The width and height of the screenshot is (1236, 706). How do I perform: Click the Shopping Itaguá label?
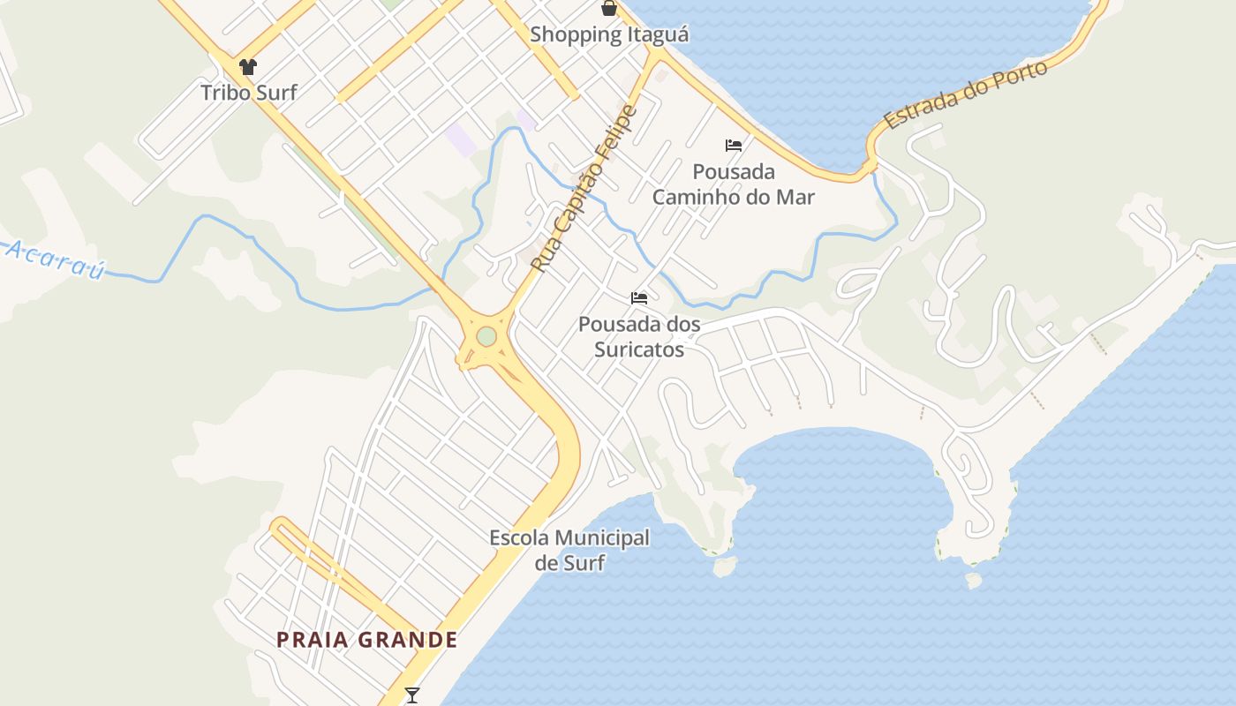(x=609, y=35)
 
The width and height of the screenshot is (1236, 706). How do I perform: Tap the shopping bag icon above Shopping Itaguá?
(x=609, y=9)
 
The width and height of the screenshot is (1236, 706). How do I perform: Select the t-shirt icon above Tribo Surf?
(x=248, y=66)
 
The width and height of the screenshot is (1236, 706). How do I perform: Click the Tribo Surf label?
(x=248, y=92)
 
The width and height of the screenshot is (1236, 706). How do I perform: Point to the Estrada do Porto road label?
(x=967, y=95)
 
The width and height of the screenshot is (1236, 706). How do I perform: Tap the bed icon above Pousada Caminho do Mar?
(x=734, y=146)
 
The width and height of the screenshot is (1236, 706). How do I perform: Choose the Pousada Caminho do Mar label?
(x=734, y=184)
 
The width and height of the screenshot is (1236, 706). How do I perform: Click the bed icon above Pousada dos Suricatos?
(x=639, y=298)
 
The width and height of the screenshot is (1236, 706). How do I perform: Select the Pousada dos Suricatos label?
(x=639, y=336)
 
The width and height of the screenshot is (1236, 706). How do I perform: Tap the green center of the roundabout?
(x=486, y=336)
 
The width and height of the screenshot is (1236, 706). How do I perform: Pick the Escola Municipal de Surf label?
(x=569, y=550)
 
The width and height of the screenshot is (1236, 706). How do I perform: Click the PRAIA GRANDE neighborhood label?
(x=367, y=640)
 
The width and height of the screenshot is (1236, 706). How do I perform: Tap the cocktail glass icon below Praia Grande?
(x=411, y=695)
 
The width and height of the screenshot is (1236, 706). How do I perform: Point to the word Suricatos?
(x=639, y=349)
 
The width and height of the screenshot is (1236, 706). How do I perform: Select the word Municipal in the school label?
(x=602, y=537)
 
